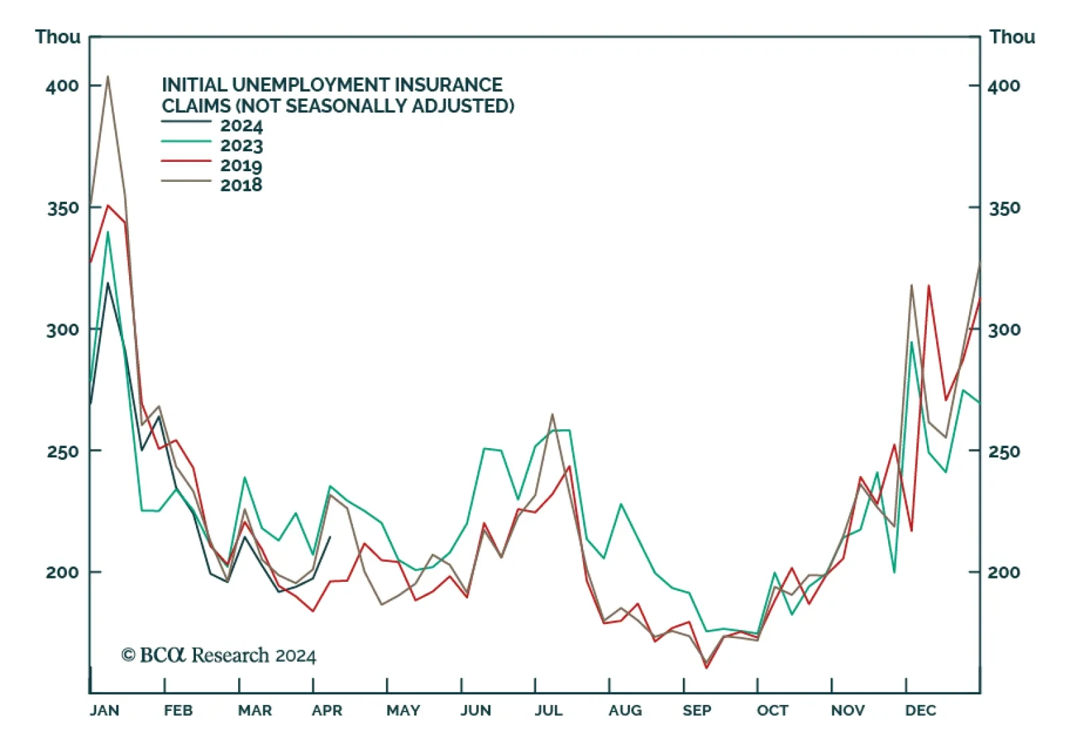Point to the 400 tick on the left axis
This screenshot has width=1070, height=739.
[62, 86]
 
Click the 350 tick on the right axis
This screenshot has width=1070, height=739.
[1004, 208]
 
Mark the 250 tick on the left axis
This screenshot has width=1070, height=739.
[62, 451]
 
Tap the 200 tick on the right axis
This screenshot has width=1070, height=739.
[1004, 572]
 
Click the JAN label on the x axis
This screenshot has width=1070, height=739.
[104, 710]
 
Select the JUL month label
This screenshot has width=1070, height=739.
[548, 710]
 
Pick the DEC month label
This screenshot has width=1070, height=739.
[920, 710]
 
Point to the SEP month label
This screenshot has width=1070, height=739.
[697, 710]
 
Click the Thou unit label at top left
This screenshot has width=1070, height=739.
[58, 37]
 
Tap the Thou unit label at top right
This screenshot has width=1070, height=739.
[1012, 37]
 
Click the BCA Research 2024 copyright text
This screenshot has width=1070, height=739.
[219, 655]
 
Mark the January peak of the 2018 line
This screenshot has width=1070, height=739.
[108, 76]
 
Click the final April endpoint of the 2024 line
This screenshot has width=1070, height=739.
[330, 537]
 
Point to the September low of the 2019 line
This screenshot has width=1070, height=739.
[706, 667]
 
